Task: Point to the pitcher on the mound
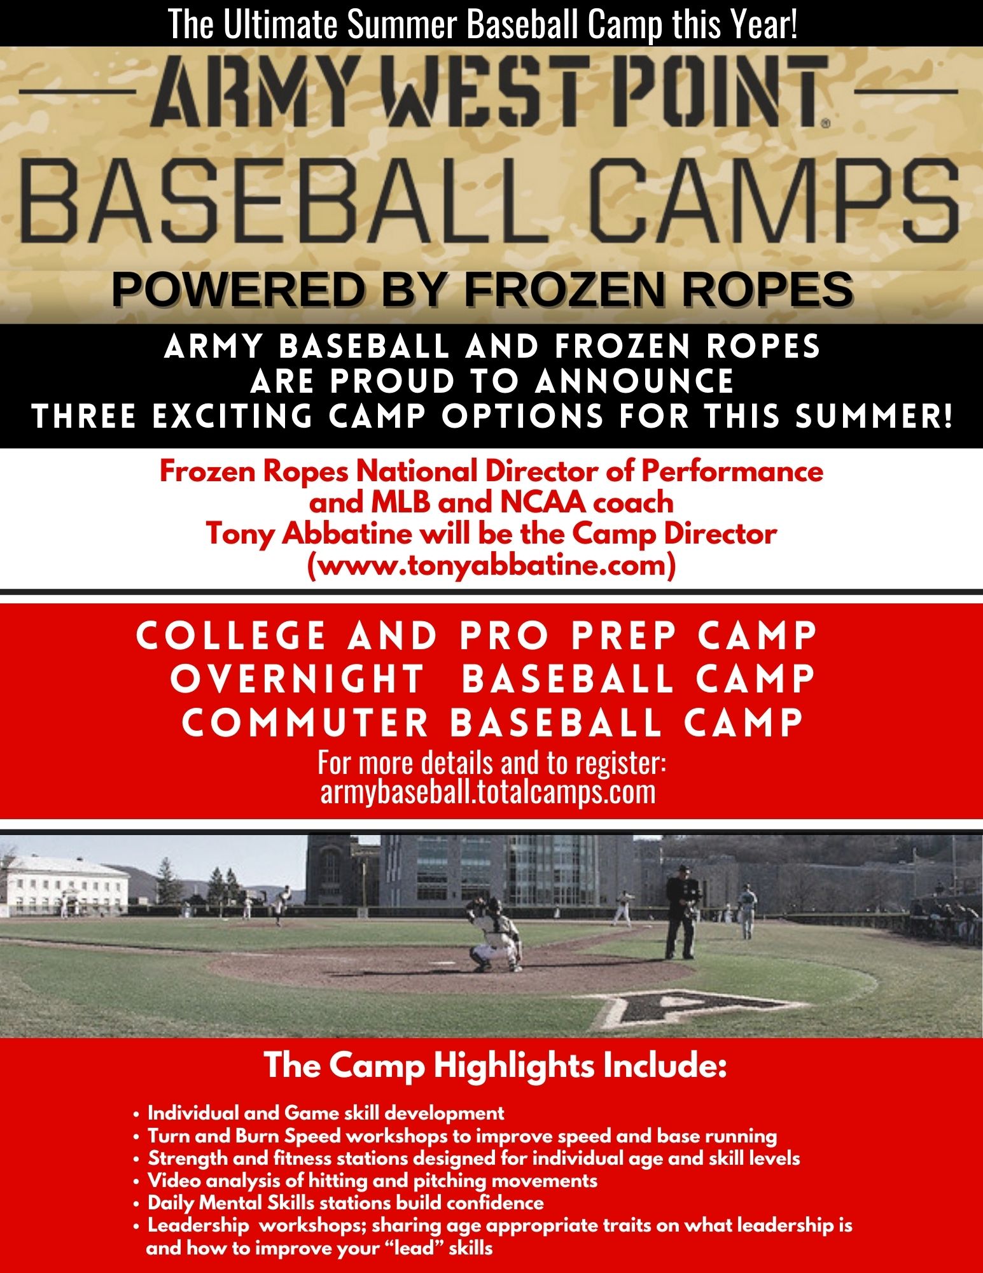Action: click(x=281, y=904)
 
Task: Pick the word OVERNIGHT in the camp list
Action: click(x=297, y=679)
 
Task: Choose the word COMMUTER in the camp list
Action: click(x=305, y=723)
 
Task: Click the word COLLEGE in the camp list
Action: click(x=231, y=636)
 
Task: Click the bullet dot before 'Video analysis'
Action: click(x=136, y=1182)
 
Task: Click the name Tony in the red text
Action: click(x=241, y=534)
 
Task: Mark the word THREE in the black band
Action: click(x=85, y=418)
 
